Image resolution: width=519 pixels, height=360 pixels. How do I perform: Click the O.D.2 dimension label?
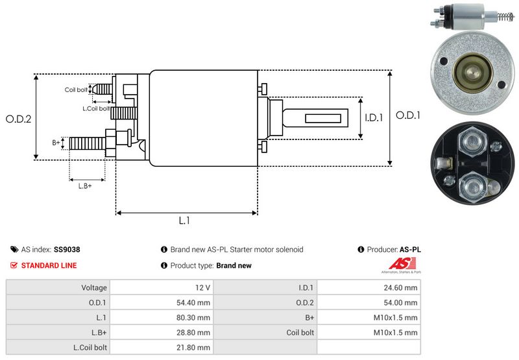click(x=19, y=119)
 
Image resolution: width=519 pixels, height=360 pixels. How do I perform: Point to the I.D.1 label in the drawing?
click(x=374, y=118)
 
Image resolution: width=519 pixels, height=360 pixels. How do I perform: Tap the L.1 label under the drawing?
click(x=184, y=221)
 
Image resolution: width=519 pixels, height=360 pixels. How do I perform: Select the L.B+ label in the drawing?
click(x=85, y=186)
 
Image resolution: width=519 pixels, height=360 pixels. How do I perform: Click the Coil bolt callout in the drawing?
click(x=76, y=90)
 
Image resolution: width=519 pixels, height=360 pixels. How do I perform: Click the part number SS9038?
click(x=67, y=249)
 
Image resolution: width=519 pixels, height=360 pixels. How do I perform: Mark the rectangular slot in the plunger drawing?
click(x=323, y=118)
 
